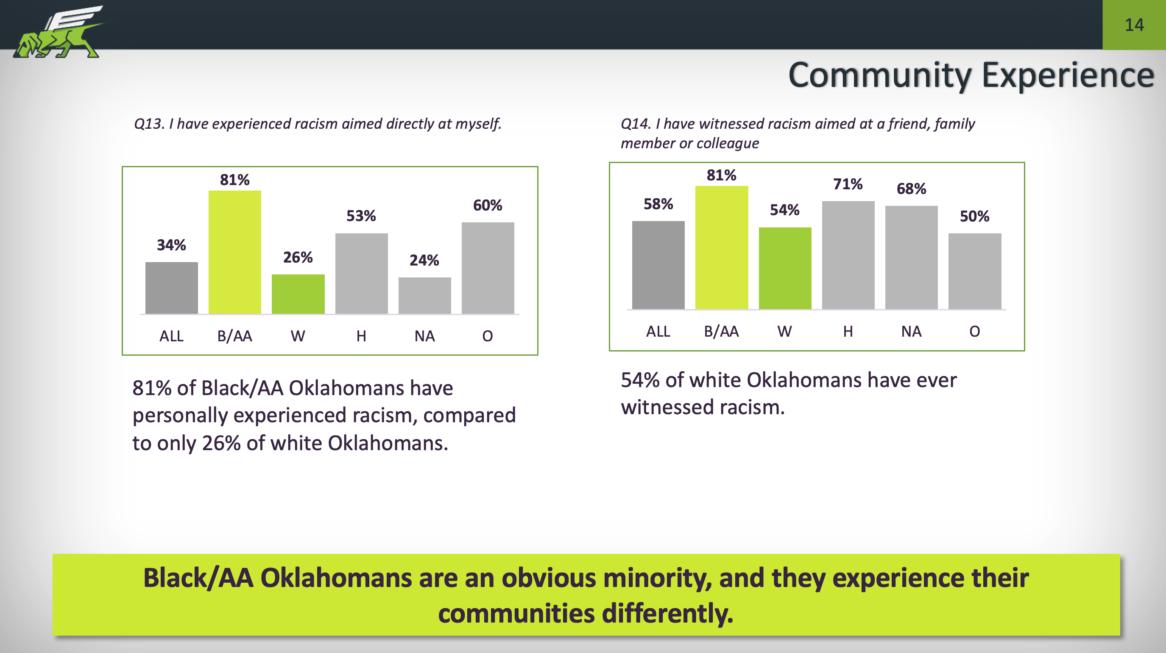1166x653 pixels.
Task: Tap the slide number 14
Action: [1134, 25]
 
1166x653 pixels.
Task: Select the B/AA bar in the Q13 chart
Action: [234, 252]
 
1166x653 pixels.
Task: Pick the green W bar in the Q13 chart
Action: [298, 294]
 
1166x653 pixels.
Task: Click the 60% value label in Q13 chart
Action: [488, 205]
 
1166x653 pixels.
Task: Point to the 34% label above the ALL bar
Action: [171, 245]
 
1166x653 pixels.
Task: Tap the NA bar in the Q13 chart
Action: [424, 295]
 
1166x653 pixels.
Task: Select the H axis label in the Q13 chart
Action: [361, 336]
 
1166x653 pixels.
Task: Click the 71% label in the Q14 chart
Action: [848, 184]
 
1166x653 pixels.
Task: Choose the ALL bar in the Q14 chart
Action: [658, 265]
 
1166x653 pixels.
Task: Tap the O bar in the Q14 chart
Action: [974, 271]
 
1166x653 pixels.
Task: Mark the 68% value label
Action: [911, 188]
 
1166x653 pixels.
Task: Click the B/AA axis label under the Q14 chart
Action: [721, 332]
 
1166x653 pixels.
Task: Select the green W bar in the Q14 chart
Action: [785, 268]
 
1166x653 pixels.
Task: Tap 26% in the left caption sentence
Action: [221, 443]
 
